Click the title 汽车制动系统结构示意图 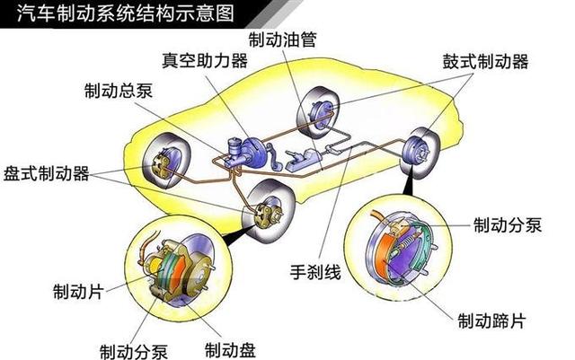pos(126,13)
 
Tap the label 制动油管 pos(282,40)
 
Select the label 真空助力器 pos(205,60)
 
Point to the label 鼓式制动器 pos(485,62)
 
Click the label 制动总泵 pos(119,90)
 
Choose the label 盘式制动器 pos(47,173)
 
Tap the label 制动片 pos(78,292)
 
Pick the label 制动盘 pos(230,350)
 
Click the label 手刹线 pos(315,272)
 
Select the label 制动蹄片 pos(491,320)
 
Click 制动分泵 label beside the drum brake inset pos(508,224)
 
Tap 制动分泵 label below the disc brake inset pos(134,351)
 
